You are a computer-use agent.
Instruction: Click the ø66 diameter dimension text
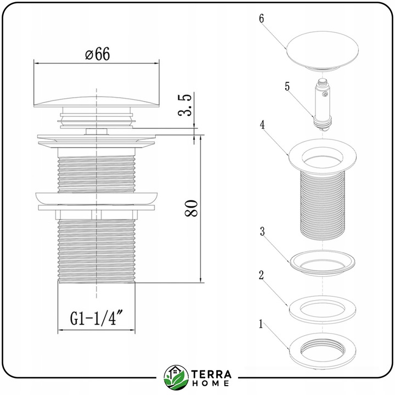pos(98,54)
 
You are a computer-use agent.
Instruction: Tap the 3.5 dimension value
pos(184,105)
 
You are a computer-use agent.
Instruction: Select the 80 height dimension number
pos(191,208)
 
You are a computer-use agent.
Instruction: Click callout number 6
pos(262,19)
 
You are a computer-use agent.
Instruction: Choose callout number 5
pos(287,87)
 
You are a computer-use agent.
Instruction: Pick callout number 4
pos(262,125)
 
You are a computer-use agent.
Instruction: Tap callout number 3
pos(262,232)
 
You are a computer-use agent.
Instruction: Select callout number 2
pos(261,275)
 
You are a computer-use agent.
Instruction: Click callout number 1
pos(261,324)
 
